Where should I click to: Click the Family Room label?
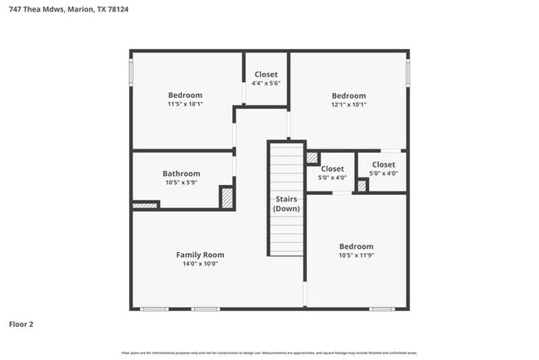pyautogui.click(x=200, y=255)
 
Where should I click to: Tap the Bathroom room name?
pyautogui.click(x=181, y=173)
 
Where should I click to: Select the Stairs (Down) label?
pyautogui.click(x=286, y=204)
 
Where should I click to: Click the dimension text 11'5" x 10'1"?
pyautogui.click(x=185, y=105)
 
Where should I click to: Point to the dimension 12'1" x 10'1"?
pyautogui.click(x=348, y=105)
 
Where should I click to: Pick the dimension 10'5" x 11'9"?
pyautogui.click(x=356, y=256)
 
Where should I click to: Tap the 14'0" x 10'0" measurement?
pyautogui.click(x=200, y=265)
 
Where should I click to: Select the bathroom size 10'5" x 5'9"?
pyautogui.click(x=181, y=183)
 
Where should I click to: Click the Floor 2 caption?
pyautogui.click(x=22, y=324)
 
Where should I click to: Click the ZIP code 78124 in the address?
pyautogui.click(x=118, y=9)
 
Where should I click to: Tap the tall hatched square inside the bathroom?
pyautogui.click(x=226, y=197)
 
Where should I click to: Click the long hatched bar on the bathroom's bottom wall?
pyautogui.click(x=145, y=205)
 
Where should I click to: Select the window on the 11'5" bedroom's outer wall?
pyautogui.click(x=131, y=71)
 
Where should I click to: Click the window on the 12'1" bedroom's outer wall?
pyautogui.click(x=407, y=71)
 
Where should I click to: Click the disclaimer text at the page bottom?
pyautogui.click(x=269, y=353)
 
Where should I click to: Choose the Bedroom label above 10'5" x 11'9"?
pyautogui.click(x=356, y=246)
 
